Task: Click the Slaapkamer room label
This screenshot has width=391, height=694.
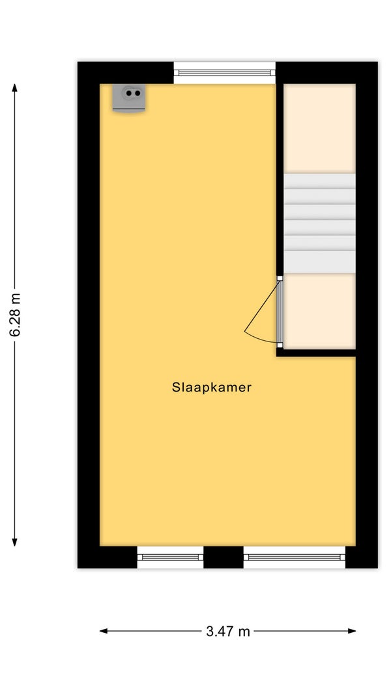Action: pos(211,387)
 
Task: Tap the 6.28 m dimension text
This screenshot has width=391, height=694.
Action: pos(15,315)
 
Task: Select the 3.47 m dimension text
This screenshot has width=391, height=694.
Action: pos(228,631)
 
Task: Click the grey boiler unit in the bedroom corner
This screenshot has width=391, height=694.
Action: pos(129,98)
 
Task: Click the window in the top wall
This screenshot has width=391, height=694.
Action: pos(224,73)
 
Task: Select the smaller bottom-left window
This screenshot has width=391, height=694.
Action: pos(170,557)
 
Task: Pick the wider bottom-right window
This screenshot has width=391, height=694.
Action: pos(295,557)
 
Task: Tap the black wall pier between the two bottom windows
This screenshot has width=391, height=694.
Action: pos(224,557)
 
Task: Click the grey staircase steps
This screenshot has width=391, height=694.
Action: pos(319,223)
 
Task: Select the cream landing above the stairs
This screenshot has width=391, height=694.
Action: pos(319,128)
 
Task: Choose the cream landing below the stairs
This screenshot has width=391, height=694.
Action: pos(319,311)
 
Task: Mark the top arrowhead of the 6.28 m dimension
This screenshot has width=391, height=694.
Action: pos(14,87)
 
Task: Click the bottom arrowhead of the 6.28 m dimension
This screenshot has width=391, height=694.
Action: pos(14,542)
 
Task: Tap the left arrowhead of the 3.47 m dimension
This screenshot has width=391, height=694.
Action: pos(104,631)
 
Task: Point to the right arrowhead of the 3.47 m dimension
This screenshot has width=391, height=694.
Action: pos(352,631)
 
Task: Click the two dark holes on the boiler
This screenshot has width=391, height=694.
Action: pos(133,93)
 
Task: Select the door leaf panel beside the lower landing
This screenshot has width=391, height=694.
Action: pos(280,312)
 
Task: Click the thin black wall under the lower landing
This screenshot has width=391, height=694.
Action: pos(316,353)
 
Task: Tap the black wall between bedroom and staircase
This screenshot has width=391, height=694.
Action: pos(280,180)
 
